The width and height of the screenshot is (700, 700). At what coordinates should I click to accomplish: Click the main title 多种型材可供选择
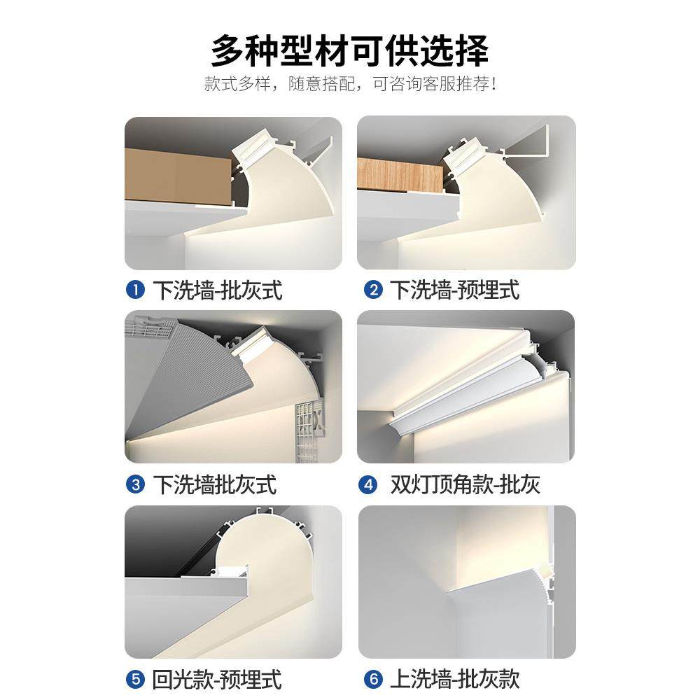tap(350, 50)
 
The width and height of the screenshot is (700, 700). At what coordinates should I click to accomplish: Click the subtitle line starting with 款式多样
tap(350, 85)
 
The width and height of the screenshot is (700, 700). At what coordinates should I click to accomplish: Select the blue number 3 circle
tap(135, 484)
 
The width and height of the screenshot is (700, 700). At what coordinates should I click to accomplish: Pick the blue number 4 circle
tap(367, 484)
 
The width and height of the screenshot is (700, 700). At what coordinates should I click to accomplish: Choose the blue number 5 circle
tap(135, 678)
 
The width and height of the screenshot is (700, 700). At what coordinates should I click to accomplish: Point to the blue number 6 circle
tap(373, 678)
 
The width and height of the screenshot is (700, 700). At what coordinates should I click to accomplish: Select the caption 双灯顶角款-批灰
tap(465, 484)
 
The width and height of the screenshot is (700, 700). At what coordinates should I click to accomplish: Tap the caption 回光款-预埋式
tap(217, 678)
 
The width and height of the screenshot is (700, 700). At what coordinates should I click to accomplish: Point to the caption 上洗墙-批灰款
tap(455, 678)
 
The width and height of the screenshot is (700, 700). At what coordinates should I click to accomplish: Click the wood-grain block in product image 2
tap(399, 176)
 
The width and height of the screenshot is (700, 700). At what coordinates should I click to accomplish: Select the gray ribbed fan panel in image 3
tap(182, 378)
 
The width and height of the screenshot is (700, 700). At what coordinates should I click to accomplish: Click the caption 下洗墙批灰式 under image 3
tap(214, 484)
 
